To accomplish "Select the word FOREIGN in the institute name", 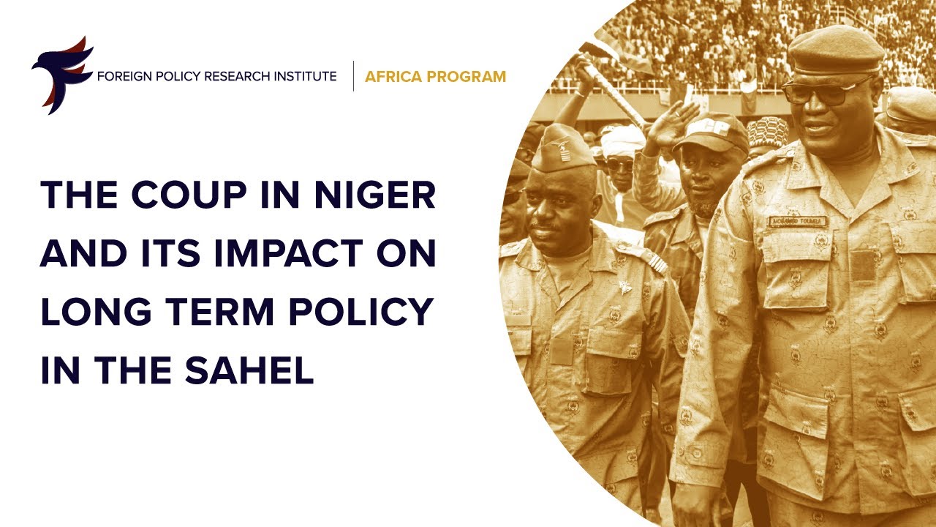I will [121, 76].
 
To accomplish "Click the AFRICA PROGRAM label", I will [435, 76].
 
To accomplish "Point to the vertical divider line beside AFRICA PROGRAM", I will [353, 76].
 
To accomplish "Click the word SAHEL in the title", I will [256, 371].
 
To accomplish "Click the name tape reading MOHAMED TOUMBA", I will [798, 221].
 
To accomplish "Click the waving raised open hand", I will [671, 124].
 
